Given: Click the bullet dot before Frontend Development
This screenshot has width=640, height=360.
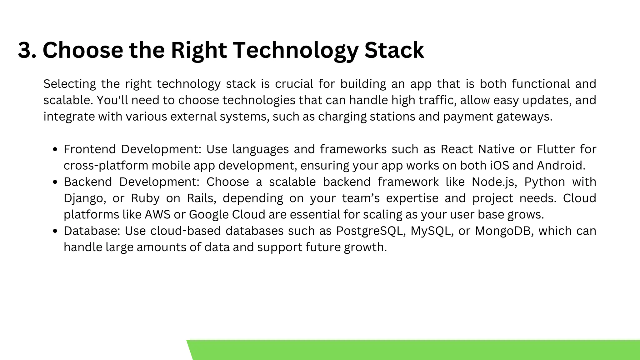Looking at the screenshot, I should tap(55, 150).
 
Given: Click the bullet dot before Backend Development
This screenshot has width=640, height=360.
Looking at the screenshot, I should tap(55, 182).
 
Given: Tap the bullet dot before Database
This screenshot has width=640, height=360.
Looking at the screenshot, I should tap(55, 231).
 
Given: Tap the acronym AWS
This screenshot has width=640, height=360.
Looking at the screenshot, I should tap(157, 215).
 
